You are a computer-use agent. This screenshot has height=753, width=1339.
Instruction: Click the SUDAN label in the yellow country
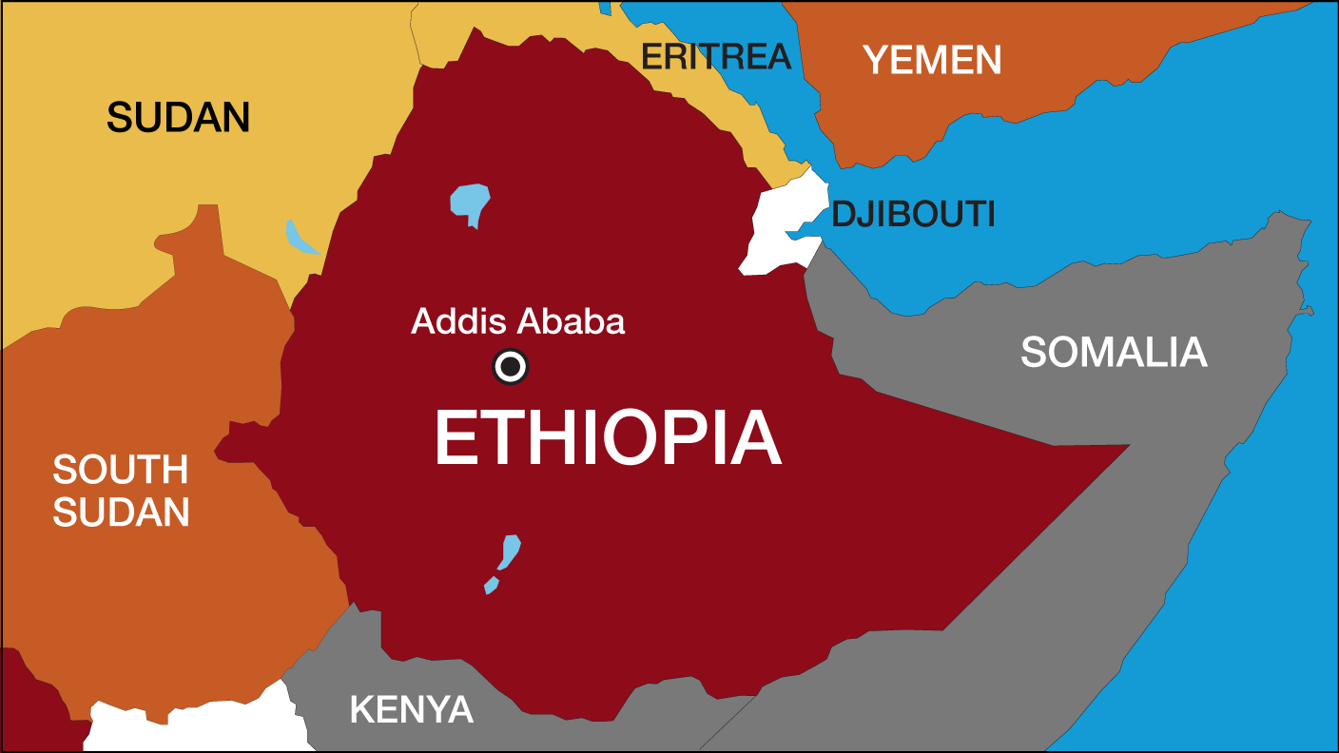point(178,118)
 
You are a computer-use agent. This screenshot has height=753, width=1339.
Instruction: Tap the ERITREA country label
point(715,57)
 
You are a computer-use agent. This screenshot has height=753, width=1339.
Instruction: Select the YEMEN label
point(932,61)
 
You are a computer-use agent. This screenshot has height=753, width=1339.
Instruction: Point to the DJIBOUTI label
point(913,215)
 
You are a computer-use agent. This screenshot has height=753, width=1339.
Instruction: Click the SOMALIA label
point(1114,353)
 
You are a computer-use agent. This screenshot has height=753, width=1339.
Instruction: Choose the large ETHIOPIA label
point(608,439)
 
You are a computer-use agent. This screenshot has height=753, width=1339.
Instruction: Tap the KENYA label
point(411,709)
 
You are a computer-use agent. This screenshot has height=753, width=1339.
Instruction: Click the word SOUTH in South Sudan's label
point(121,470)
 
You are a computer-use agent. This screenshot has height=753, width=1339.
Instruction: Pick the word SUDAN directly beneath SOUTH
point(121,513)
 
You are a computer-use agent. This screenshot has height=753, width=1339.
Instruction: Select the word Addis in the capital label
point(455,322)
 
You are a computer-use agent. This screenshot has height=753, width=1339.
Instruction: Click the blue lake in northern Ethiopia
point(470,203)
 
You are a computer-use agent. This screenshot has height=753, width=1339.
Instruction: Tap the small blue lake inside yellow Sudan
point(301,239)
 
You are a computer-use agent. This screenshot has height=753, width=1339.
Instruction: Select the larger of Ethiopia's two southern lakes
point(511,551)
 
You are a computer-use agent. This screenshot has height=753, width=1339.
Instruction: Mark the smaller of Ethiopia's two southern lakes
point(491,585)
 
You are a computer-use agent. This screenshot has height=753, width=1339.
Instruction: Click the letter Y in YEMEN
point(876,61)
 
